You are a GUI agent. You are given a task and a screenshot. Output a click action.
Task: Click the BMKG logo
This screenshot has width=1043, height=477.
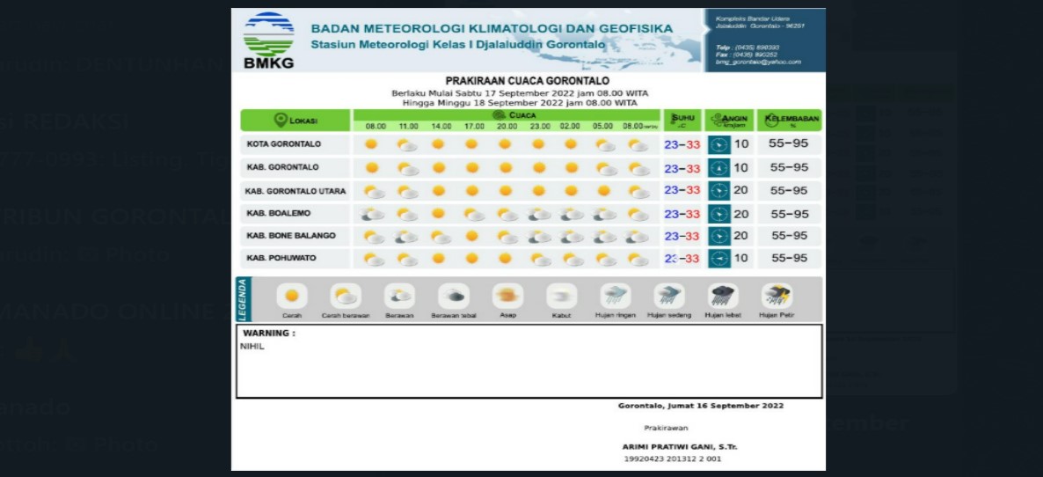tap(269, 40)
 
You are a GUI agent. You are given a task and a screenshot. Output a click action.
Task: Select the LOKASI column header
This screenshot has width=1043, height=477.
tap(296, 121)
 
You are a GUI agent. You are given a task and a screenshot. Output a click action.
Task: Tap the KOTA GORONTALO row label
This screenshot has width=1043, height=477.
tap(284, 143)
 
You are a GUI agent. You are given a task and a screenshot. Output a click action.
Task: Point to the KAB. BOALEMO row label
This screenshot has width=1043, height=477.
tap(279, 213)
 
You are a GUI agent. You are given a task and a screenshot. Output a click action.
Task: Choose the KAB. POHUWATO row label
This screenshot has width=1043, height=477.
tap(281, 259)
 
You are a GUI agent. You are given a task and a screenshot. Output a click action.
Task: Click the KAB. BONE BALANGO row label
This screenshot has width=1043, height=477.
tap(291, 236)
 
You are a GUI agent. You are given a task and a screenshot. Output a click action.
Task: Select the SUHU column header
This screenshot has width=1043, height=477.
tap(682, 120)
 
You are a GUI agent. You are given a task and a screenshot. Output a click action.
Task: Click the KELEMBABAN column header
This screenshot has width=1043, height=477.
tap(790, 121)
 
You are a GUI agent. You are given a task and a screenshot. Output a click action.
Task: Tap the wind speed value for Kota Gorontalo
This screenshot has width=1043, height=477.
tap(741, 144)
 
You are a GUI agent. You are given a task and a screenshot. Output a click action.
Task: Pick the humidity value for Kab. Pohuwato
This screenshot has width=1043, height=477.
tap(789, 259)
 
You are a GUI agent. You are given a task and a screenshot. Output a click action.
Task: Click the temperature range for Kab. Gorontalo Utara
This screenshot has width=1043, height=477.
tap(682, 190)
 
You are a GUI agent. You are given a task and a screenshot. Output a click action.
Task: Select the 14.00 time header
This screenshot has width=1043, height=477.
tap(441, 127)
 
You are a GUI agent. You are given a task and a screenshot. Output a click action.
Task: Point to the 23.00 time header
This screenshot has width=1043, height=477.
tap(539, 127)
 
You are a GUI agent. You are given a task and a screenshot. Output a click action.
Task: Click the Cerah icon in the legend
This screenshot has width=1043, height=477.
tap(291, 296)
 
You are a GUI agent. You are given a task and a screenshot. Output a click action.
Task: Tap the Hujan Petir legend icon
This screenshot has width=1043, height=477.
tap(777, 296)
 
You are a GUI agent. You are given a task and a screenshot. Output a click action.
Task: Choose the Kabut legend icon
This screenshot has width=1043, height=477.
tap(561, 296)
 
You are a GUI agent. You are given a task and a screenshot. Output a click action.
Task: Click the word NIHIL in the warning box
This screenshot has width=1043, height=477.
tap(252, 347)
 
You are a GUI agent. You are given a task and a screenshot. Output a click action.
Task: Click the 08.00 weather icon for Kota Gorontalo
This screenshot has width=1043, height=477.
tap(372, 144)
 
